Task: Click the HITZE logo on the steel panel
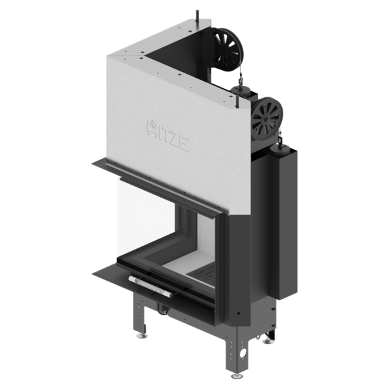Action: click(x=168, y=136)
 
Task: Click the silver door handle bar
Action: click(x=150, y=287)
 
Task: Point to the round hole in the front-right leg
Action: click(x=242, y=353)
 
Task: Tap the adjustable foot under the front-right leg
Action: click(x=237, y=376)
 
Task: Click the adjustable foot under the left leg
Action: click(x=142, y=336)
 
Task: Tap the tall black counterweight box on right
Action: click(x=289, y=223)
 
